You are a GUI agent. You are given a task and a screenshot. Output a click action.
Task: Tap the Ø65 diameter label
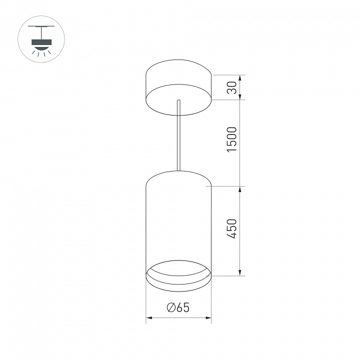click(178, 308)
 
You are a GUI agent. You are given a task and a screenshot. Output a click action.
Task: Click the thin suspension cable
click(178, 135)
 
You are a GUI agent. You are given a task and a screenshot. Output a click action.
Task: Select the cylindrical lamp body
click(178, 220)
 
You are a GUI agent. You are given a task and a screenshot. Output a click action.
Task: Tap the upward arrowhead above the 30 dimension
click(241, 78)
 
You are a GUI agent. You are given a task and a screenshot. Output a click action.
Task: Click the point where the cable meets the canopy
click(178, 102)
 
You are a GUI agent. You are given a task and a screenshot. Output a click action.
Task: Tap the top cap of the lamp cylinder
click(178, 176)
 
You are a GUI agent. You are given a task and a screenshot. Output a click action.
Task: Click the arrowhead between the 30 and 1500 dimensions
click(241, 99)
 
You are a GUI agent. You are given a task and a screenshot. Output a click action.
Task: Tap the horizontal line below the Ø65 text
click(178, 317)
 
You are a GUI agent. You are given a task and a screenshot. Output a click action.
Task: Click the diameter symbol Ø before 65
click(170, 308)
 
